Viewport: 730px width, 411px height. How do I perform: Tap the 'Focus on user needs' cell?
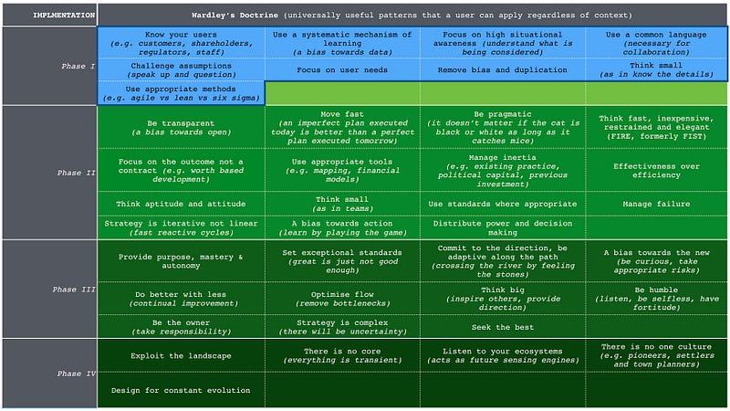pos(341,69)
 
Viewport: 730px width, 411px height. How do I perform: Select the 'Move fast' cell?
pos(341,127)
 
